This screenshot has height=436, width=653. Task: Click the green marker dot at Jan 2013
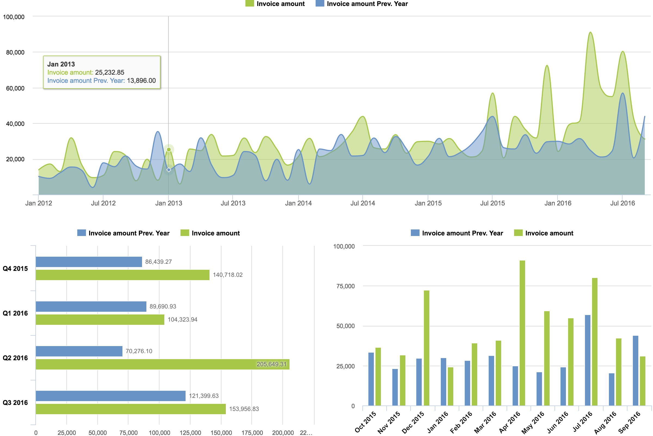click(168, 150)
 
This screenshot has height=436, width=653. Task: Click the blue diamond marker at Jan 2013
click(168, 170)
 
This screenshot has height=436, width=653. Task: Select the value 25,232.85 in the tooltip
click(109, 72)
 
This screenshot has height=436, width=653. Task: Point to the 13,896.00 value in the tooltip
click(141, 81)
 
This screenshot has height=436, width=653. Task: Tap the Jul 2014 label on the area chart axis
click(363, 203)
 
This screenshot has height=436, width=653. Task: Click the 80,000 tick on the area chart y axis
click(15, 52)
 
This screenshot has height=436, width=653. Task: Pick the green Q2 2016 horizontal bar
click(162, 364)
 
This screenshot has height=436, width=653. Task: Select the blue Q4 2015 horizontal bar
click(89, 262)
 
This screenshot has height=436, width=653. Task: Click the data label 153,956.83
click(244, 409)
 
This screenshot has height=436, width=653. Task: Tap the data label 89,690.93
click(163, 306)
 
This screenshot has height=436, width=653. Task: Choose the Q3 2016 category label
click(15, 403)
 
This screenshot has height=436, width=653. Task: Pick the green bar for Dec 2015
click(426, 348)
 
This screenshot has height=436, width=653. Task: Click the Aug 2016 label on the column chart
click(605, 423)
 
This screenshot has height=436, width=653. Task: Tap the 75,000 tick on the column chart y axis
click(345, 286)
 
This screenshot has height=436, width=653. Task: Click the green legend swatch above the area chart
click(250, 4)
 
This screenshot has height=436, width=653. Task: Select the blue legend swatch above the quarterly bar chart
click(81, 233)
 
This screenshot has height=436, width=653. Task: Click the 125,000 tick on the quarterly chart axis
click(190, 433)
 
